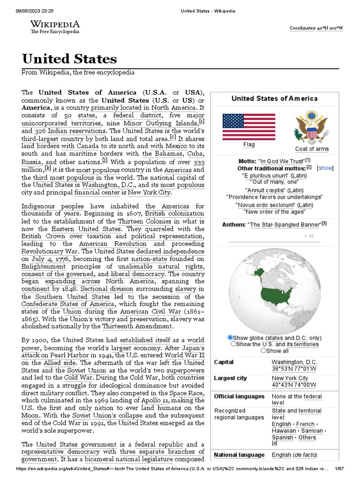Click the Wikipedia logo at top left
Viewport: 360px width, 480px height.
pyautogui.click(x=55, y=27)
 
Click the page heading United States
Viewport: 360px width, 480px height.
pyautogui.click(x=69, y=59)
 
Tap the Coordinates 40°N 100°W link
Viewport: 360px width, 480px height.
pyautogui.click(x=315, y=28)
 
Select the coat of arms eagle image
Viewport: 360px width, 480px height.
pyautogui.click(x=311, y=127)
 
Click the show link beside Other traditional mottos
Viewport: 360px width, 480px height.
pyautogui.click(x=325, y=168)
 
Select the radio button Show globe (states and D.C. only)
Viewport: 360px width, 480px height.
pyautogui.click(x=230, y=337)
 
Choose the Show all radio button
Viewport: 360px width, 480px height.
pyautogui.click(x=263, y=350)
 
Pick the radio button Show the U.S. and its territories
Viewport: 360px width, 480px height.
pyautogui.click(x=233, y=344)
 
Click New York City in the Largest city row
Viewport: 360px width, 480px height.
pyautogui.click(x=290, y=378)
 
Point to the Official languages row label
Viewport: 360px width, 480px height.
pyautogui.click(x=239, y=397)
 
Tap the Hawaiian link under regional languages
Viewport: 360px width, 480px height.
pyautogui.click(x=284, y=430)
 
